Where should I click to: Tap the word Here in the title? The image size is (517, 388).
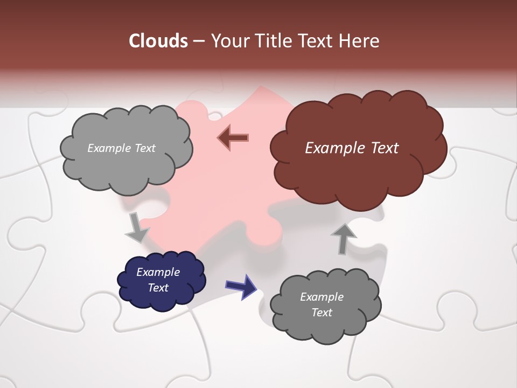(x=360, y=41)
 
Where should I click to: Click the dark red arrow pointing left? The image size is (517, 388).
(x=233, y=138)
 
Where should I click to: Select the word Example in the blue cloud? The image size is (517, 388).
(x=158, y=272)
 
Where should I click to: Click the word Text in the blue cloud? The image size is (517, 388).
(x=158, y=288)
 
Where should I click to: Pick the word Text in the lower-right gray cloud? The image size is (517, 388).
(x=322, y=313)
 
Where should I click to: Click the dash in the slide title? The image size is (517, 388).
(x=198, y=41)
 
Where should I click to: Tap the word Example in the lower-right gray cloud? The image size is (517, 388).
(x=322, y=297)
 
